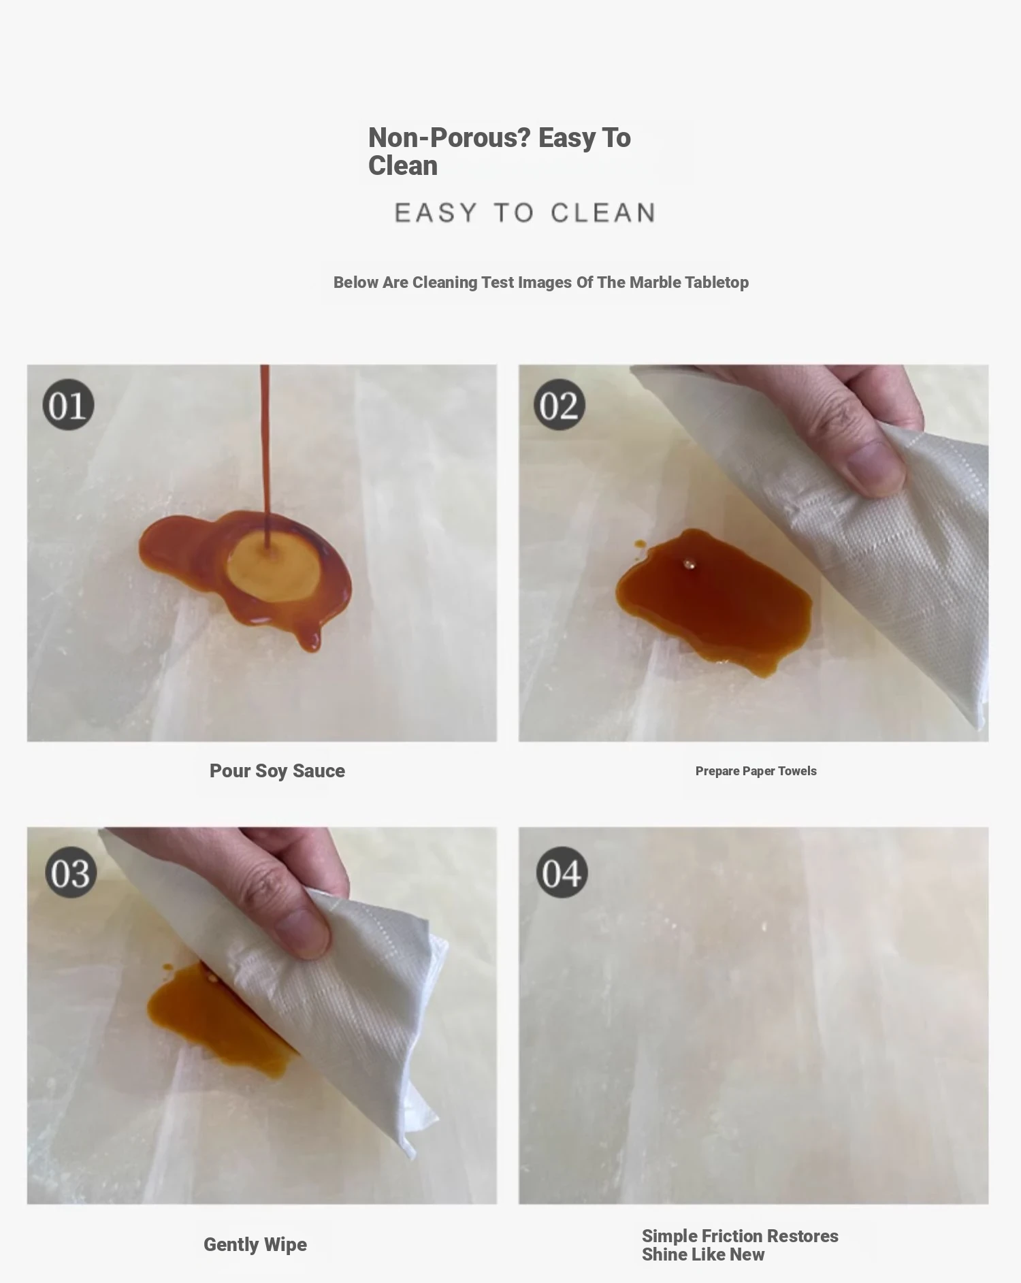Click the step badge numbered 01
pyautogui.click(x=68, y=404)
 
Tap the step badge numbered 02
pyautogui.click(x=560, y=404)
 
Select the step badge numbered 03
pyautogui.click(x=71, y=872)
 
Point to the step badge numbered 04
pyautogui.click(x=562, y=872)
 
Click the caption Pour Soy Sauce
pyautogui.click(x=277, y=770)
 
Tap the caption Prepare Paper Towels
pyautogui.click(x=756, y=770)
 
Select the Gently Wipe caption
pyautogui.click(x=255, y=1244)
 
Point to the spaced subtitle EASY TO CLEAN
pyautogui.click(x=525, y=213)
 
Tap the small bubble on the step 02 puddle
pyautogui.click(x=689, y=564)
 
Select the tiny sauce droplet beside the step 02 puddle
pyautogui.click(x=640, y=544)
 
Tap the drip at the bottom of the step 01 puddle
pyautogui.click(x=311, y=639)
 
